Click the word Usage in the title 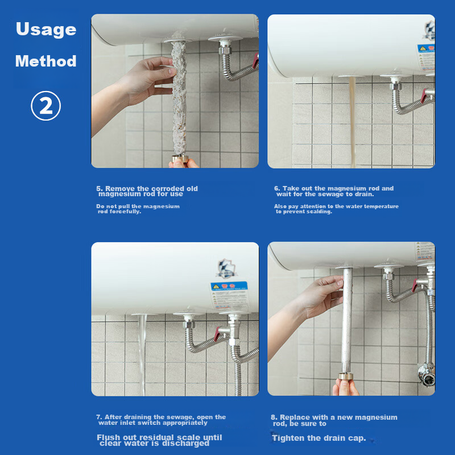pyautogui.click(x=46, y=29)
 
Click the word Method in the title pyautogui.click(x=46, y=61)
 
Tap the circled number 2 pyautogui.click(x=46, y=106)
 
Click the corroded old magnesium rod pyautogui.click(x=179, y=97)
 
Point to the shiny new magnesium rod pyautogui.click(x=347, y=321)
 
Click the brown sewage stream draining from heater pyautogui.click(x=352, y=122)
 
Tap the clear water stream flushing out pyautogui.click(x=142, y=354)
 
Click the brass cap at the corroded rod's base pyautogui.click(x=180, y=159)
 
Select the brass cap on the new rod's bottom pyautogui.click(x=346, y=377)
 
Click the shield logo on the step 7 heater pyautogui.click(x=226, y=268)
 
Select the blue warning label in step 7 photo pyautogui.click(x=229, y=295)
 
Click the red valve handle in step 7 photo pyautogui.click(x=217, y=334)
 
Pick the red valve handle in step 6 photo pyautogui.click(x=423, y=96)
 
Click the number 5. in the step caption pyautogui.click(x=100, y=189)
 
